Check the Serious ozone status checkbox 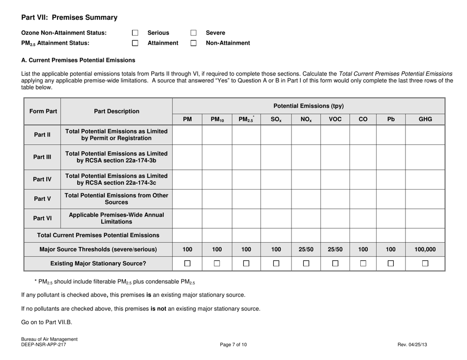136,33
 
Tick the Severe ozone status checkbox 193,33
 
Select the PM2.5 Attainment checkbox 136,43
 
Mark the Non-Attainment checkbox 193,43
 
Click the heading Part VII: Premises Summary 69,18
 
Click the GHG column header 425,118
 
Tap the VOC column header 335,118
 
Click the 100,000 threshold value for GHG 425,249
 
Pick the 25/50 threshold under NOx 306,249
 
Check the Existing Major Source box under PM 187,264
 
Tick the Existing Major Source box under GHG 425,264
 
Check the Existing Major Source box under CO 362,264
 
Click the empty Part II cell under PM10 217,134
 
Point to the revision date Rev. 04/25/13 412,345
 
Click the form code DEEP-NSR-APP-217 43,345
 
